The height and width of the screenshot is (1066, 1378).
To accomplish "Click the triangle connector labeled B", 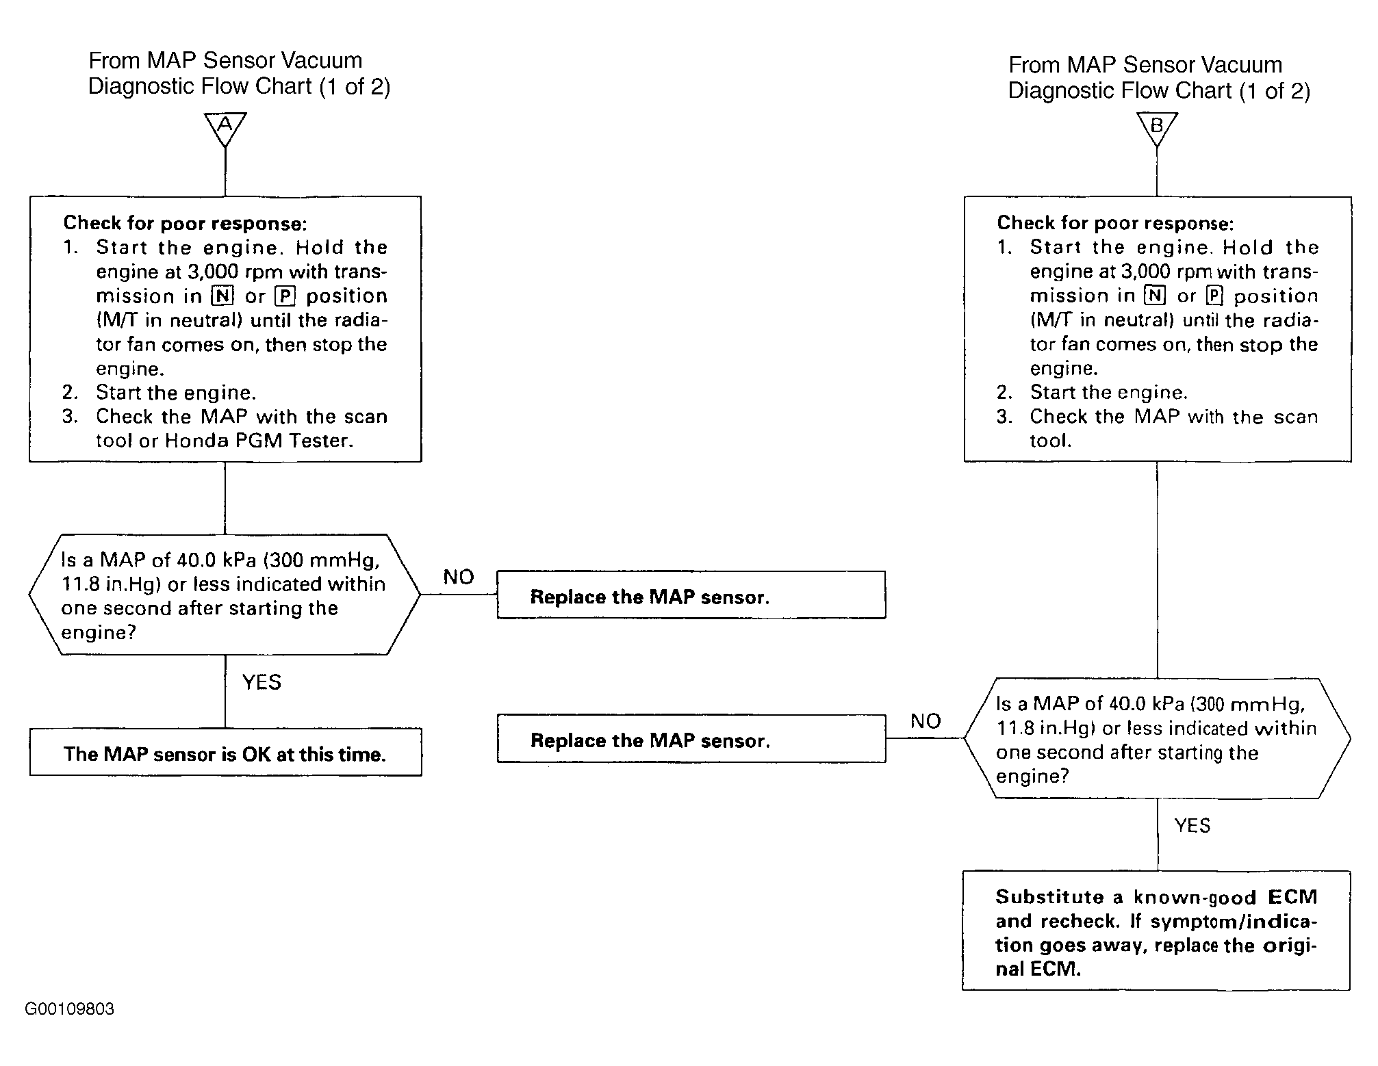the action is point(1157,129).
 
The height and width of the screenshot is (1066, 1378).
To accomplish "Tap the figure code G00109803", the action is point(70,1009).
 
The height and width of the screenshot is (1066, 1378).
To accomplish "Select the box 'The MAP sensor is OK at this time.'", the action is point(225,752).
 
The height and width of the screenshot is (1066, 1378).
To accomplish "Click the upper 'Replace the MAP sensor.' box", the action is point(691,595).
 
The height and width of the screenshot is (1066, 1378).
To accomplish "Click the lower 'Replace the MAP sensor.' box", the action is point(691,739).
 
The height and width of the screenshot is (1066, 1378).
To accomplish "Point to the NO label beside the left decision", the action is point(459,577).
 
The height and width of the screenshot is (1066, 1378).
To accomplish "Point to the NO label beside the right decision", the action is point(926,721).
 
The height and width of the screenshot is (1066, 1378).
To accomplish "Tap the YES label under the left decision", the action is point(262,682).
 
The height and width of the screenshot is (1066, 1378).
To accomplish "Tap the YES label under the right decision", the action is point(1192,826).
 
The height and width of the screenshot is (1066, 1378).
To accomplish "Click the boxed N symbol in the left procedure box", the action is point(222,296).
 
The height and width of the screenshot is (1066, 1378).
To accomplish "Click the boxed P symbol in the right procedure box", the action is point(1214,296).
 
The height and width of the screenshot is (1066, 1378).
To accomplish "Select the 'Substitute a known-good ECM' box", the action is point(1156,931).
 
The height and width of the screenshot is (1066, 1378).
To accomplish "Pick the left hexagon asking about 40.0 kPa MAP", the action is point(225,595).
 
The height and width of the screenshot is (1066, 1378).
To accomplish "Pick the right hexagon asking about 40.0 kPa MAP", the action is point(1157,738).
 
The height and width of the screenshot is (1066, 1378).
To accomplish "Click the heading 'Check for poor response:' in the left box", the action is point(186,223).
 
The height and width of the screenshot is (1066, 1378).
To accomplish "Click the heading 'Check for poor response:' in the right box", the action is point(1116,223).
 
